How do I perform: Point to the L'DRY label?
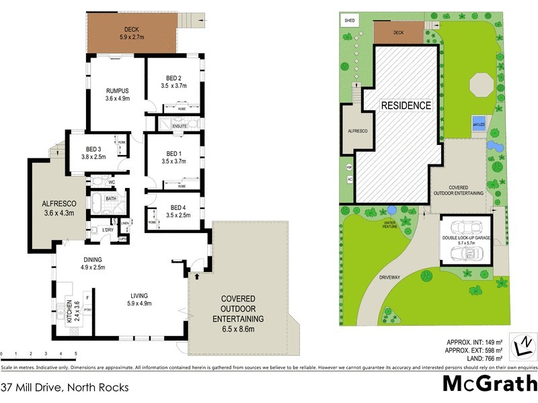pyautogui.click(x=106, y=230)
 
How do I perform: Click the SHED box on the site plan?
pyautogui.click(x=350, y=21)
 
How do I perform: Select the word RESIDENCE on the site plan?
pyautogui.click(x=406, y=105)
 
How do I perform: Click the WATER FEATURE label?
pyautogui.click(x=389, y=224)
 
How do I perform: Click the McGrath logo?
pyautogui.click(x=490, y=383)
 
